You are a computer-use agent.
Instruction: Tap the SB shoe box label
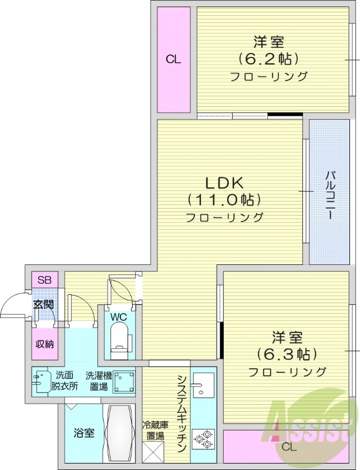tap(44, 280)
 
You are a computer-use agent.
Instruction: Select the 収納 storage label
tap(44, 344)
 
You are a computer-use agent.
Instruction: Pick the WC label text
tap(119, 317)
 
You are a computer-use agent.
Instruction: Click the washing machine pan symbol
tap(124, 382)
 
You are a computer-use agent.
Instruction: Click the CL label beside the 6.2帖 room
tap(173, 59)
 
